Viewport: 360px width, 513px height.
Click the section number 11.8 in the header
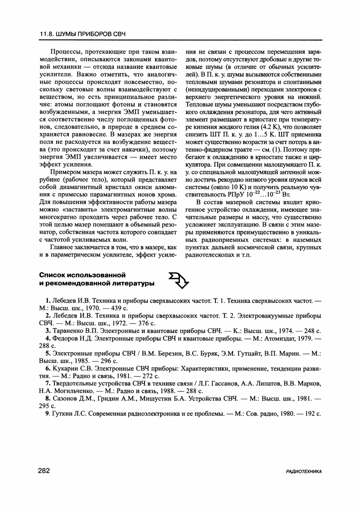46,35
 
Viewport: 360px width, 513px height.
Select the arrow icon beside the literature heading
178,280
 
